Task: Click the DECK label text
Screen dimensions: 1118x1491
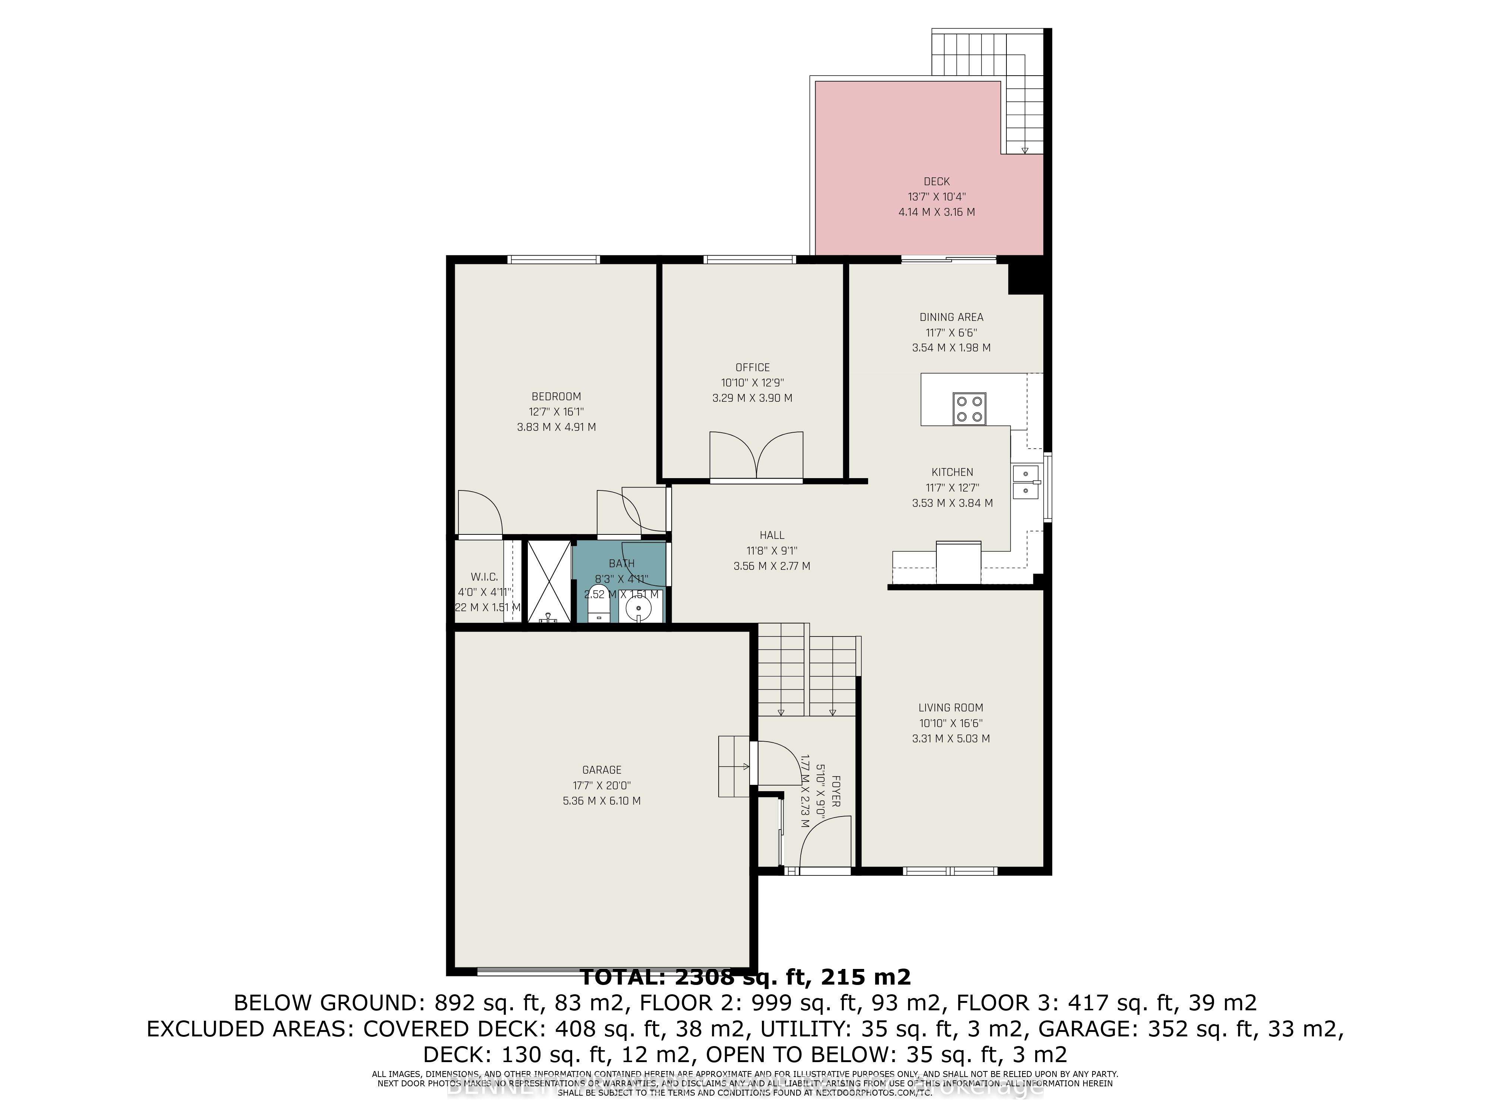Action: (x=936, y=181)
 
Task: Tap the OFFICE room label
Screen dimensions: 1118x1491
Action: (x=752, y=367)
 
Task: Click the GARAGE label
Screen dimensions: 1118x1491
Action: (x=601, y=770)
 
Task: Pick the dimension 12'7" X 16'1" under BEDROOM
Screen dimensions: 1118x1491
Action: (x=556, y=412)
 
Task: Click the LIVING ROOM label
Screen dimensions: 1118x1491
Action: (x=951, y=708)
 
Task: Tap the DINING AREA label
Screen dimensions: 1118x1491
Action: (x=951, y=317)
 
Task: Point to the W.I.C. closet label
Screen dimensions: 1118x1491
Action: (x=484, y=577)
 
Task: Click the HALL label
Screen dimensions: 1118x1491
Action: (x=772, y=535)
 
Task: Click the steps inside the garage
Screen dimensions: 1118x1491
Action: (x=733, y=766)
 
